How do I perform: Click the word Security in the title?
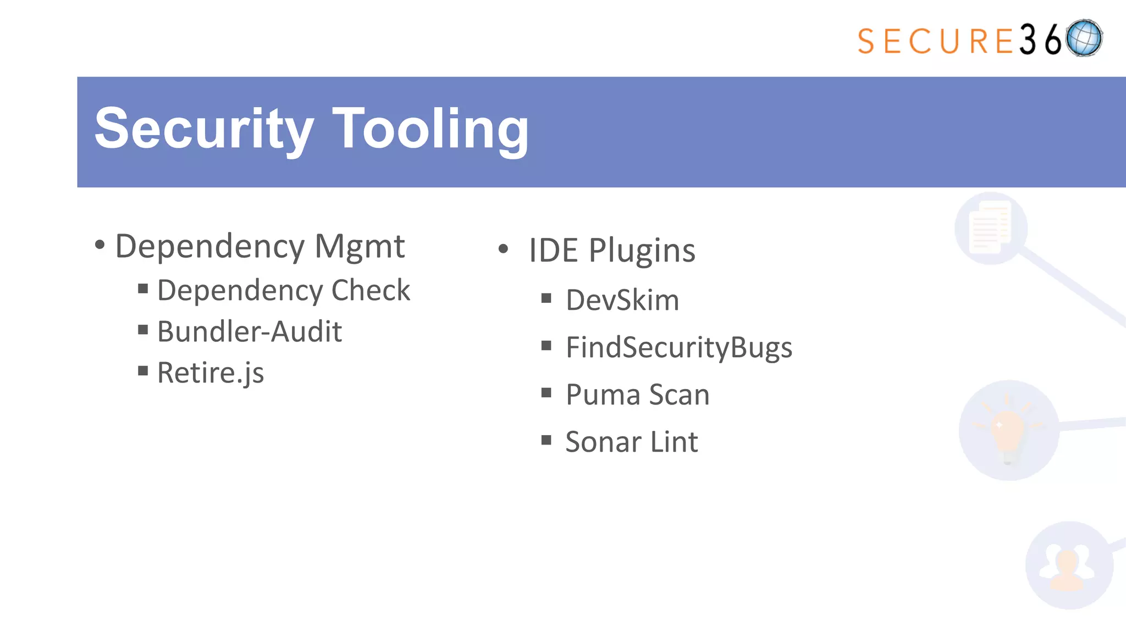pyautogui.click(x=204, y=130)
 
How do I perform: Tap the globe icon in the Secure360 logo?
pyautogui.click(x=1084, y=38)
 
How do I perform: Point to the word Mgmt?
pyautogui.click(x=360, y=247)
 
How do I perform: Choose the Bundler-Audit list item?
pyautogui.click(x=249, y=331)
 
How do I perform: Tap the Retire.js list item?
pyautogui.click(x=211, y=373)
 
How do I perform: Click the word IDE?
pyautogui.click(x=553, y=251)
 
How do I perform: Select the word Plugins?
pyautogui.click(x=642, y=251)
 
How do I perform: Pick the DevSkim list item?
pyautogui.click(x=622, y=300)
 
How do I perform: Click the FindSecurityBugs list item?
pyautogui.click(x=679, y=348)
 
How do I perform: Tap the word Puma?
pyautogui.click(x=603, y=395)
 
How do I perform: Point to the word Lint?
pyautogui.click(x=674, y=442)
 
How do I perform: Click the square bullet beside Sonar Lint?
pyautogui.click(x=546, y=440)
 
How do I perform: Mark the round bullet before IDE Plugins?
pyautogui.click(x=503, y=249)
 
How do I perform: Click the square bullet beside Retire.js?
pyautogui.click(x=143, y=371)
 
